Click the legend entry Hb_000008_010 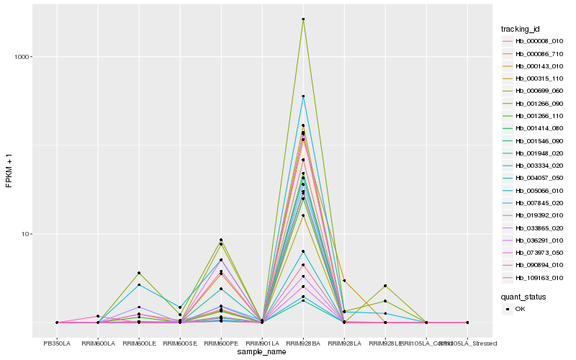click(534, 41)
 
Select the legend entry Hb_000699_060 click(534, 91)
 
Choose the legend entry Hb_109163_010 click(534, 277)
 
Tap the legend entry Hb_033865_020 click(534, 228)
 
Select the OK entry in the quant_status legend click(520, 309)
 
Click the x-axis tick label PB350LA click(57, 343)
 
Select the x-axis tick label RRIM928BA click(303, 343)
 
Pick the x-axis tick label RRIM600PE click(221, 343)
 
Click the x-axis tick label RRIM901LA click(262, 343)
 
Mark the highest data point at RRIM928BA click(303, 19)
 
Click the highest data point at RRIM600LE click(139, 273)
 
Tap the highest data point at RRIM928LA click(344, 281)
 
